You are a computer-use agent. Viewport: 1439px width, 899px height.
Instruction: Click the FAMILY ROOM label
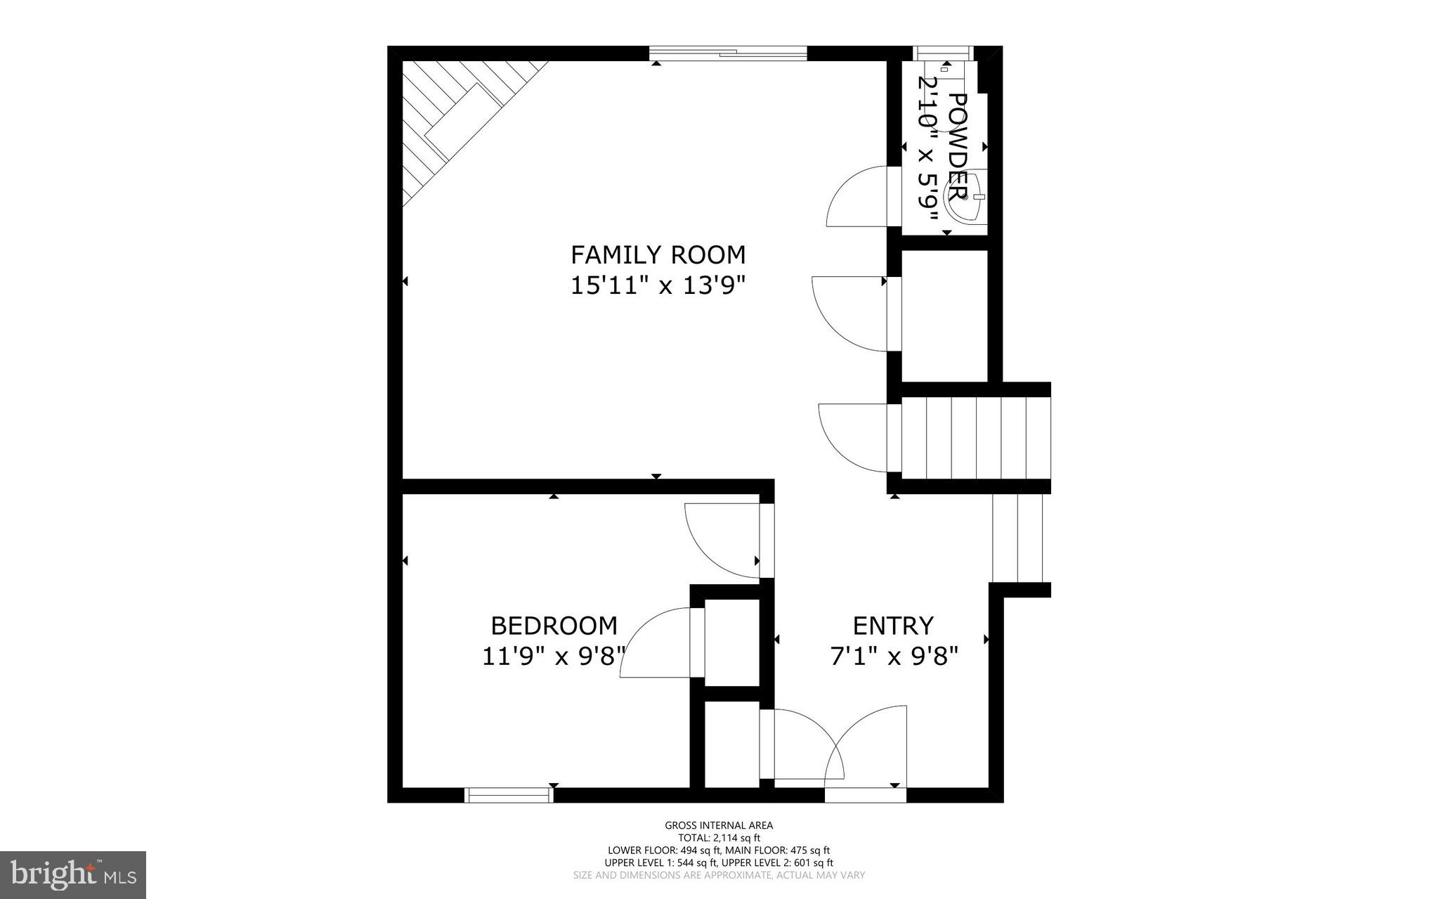click(658, 254)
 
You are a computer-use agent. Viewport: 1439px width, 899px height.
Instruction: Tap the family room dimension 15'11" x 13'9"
click(658, 286)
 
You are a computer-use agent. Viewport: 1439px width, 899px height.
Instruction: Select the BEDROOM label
click(554, 625)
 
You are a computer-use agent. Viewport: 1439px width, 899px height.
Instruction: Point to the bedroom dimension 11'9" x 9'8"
click(554, 657)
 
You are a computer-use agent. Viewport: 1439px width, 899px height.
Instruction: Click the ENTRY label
click(893, 625)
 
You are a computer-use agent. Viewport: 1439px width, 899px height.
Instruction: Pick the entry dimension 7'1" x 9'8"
click(894, 657)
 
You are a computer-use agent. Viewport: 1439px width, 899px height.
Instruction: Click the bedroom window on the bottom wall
click(509, 795)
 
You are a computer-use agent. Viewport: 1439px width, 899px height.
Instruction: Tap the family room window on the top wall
click(728, 53)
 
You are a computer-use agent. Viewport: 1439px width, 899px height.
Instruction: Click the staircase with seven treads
click(975, 438)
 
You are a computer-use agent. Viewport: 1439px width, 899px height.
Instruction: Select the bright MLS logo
click(73, 874)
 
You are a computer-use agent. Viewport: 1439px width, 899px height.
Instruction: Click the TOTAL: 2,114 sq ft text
click(719, 838)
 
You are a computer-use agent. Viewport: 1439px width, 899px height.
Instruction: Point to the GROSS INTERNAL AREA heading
click(719, 826)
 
